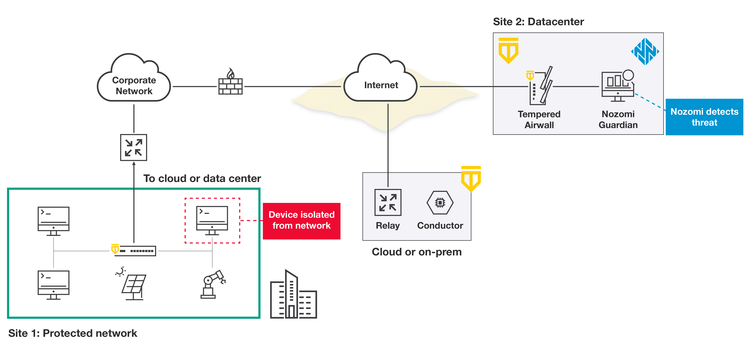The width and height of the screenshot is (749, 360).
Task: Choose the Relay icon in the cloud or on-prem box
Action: pos(388,202)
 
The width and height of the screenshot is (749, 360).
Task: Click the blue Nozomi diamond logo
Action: pos(645,52)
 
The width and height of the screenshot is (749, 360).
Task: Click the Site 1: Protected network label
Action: pos(73,333)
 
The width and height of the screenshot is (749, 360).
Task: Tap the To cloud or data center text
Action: pos(202,178)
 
